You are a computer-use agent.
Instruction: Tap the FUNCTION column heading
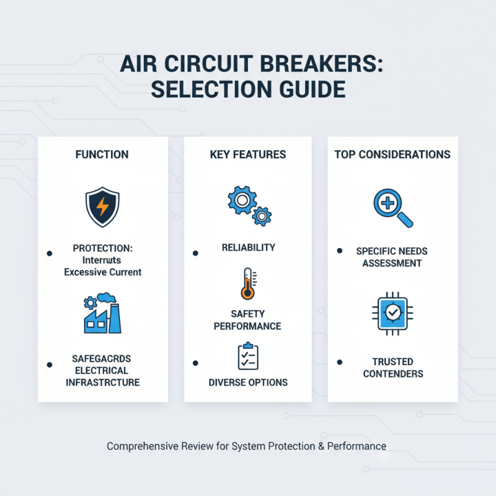102,154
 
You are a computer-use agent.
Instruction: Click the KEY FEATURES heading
247,154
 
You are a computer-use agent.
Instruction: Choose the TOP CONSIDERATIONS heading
392,154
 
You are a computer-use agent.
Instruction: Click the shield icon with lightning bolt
102,207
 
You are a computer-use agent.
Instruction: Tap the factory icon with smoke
102,313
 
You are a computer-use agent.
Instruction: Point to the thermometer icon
247,284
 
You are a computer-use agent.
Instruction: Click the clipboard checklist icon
247,356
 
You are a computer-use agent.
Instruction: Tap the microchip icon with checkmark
392,314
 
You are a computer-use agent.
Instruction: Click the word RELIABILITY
248,248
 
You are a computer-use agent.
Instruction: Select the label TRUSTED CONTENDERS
393,368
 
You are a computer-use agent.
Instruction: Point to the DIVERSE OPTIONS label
247,383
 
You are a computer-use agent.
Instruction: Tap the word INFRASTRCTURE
103,383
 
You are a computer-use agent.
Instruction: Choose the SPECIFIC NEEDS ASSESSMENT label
392,257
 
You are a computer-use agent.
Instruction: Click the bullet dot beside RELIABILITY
195,253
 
